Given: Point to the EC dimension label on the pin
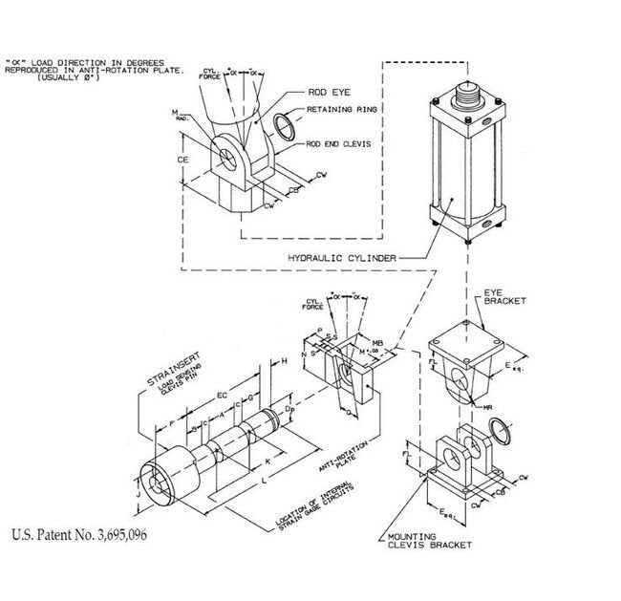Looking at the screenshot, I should [223, 394].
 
